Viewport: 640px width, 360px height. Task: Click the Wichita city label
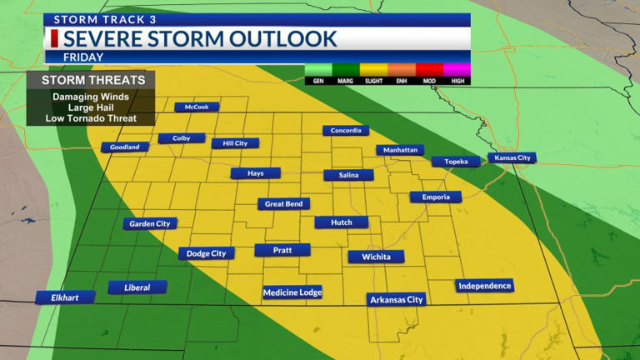(x=376, y=257)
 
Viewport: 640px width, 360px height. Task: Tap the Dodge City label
(x=207, y=253)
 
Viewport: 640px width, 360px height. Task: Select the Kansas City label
(x=512, y=157)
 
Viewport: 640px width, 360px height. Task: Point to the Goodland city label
(x=125, y=147)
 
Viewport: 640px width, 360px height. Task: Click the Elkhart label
(x=65, y=297)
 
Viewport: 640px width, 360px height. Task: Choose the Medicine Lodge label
(x=292, y=292)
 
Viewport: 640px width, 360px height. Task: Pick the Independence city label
(x=484, y=286)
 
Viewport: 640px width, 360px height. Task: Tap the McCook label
(x=197, y=107)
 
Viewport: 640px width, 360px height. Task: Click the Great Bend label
(x=283, y=204)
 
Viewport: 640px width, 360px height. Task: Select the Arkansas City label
(x=397, y=299)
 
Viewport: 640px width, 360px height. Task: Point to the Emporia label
(x=435, y=197)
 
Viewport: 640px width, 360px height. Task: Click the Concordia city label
(x=346, y=131)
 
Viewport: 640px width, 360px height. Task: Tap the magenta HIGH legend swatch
(x=457, y=70)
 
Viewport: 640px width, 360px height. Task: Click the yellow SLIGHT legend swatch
(x=375, y=70)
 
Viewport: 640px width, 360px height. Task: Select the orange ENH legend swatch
(x=402, y=70)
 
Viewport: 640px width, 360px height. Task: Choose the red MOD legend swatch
(x=430, y=70)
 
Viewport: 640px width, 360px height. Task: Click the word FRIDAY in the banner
(x=83, y=57)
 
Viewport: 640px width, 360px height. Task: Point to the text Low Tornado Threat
(x=92, y=118)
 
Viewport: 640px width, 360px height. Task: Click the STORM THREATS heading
(x=92, y=80)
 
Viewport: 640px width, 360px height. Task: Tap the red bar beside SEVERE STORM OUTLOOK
(x=54, y=38)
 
